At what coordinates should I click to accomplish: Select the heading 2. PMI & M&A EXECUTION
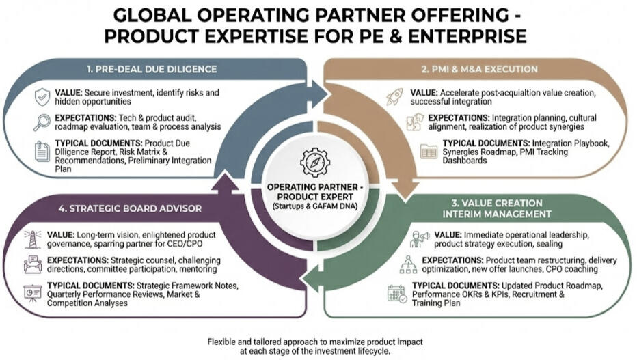click(x=480, y=69)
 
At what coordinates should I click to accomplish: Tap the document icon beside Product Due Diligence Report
click(x=42, y=152)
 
